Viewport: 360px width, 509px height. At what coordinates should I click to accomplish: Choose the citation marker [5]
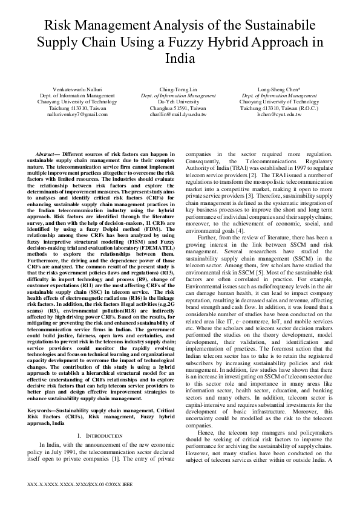[x=243, y=273]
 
